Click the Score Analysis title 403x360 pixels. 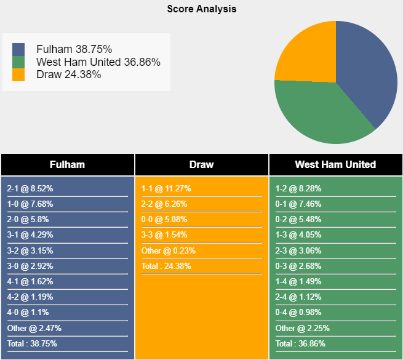tap(201, 9)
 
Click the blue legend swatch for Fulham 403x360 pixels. tap(18, 49)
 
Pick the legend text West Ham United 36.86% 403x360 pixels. tap(98, 62)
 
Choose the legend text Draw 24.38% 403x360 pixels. tap(68, 74)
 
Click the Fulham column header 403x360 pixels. tap(67, 164)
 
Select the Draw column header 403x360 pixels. tap(202, 164)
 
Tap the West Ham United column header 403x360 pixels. tap(335, 164)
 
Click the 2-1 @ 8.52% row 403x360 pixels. tap(30, 189)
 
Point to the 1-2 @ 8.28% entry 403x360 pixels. tap(298, 189)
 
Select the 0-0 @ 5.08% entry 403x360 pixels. tap(164, 220)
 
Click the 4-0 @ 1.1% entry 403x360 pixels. tap(28, 312)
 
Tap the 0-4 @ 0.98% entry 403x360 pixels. tap(298, 312)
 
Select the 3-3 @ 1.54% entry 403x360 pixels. tap(164, 235)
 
